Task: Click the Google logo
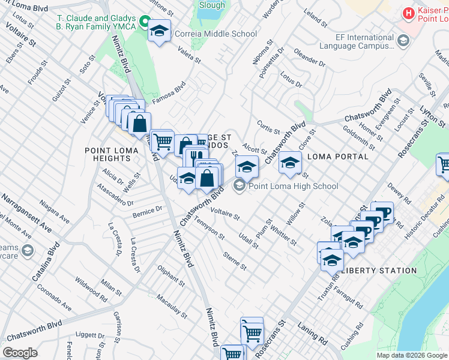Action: coord(20,353)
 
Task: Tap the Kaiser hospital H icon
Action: coord(409,12)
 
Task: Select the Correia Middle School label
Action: coord(215,34)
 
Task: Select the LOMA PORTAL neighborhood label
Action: coord(337,157)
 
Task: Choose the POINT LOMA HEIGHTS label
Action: coord(108,154)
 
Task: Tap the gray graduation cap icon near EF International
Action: coord(403,41)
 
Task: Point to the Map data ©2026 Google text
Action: coord(412,355)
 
